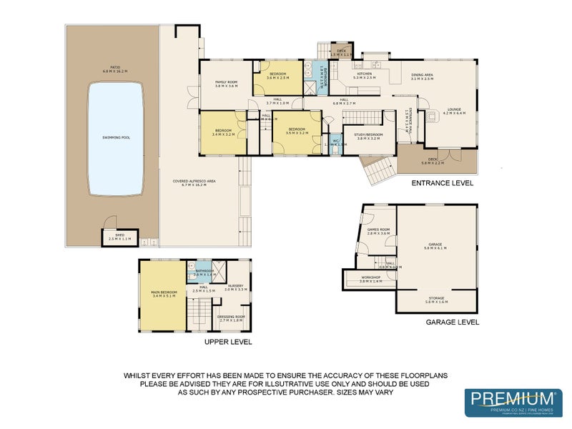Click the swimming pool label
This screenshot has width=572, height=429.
point(112,137)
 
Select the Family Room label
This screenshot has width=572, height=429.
point(226,84)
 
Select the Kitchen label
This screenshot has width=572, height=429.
point(365,75)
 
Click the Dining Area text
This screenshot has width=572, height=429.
point(423,77)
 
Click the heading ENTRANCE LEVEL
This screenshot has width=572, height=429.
point(442,183)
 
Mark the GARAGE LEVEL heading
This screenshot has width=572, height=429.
point(452,322)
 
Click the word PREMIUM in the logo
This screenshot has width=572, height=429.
point(508,398)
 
